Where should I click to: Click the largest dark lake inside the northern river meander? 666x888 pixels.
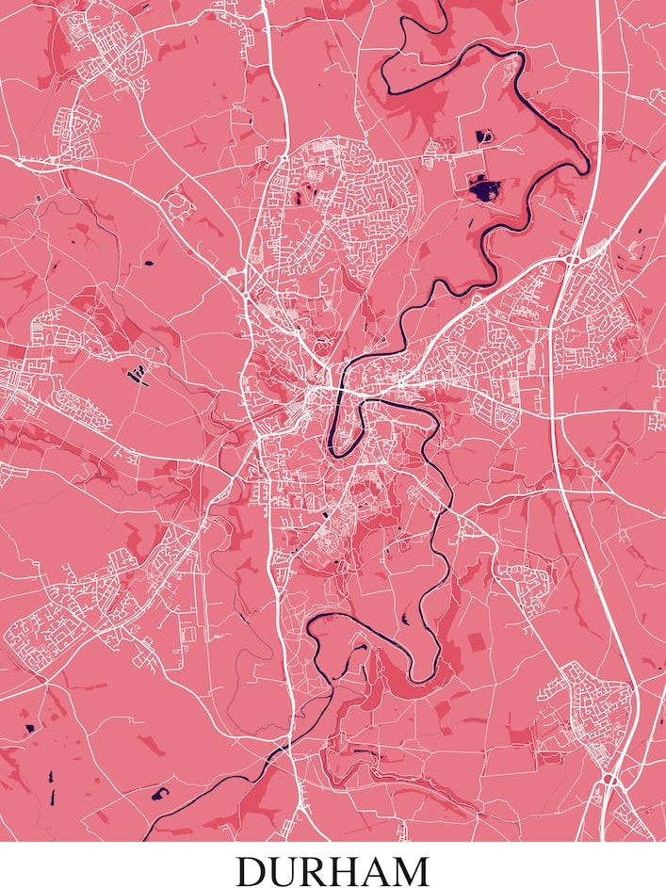(485, 189)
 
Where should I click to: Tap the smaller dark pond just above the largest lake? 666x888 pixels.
(485, 135)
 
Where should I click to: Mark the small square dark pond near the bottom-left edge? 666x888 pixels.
(29, 727)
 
